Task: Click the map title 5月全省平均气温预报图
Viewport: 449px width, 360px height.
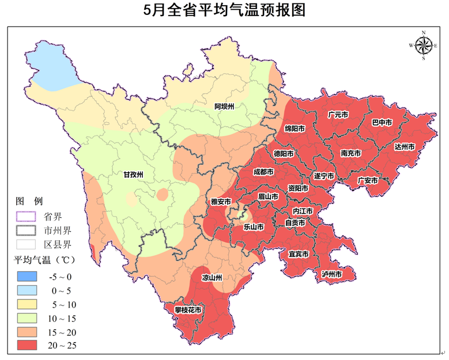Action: pyautogui.click(x=224, y=10)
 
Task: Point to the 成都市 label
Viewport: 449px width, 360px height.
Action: pyautogui.click(x=263, y=172)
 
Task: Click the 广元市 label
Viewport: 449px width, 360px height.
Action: pyautogui.click(x=337, y=115)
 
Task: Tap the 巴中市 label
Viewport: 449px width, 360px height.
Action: pyautogui.click(x=382, y=123)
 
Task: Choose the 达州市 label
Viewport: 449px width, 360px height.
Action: pyautogui.click(x=405, y=147)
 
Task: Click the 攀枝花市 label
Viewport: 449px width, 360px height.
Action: pyautogui.click(x=188, y=310)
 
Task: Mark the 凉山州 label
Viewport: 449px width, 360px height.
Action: pyautogui.click(x=212, y=278)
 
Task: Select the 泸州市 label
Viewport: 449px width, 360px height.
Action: pyautogui.click(x=332, y=275)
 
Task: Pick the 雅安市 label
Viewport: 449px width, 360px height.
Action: pyautogui.click(x=221, y=202)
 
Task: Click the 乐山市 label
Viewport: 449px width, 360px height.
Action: pyautogui.click(x=254, y=227)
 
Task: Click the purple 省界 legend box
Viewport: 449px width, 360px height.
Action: pyautogui.click(x=26, y=216)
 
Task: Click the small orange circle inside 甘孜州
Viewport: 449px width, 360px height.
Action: pyautogui.click(x=163, y=194)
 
